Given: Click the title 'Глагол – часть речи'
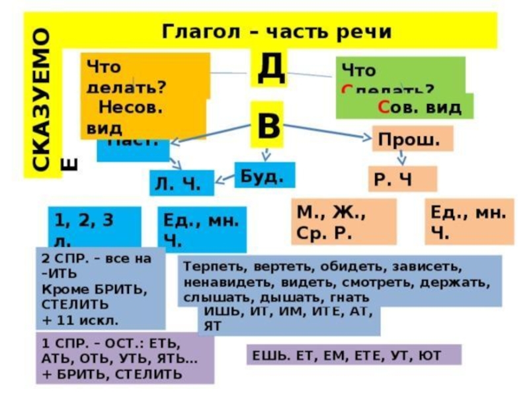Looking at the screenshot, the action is click(277, 31).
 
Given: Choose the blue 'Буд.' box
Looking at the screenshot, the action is click(264, 175).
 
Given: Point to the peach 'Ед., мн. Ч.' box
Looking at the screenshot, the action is click(469, 222).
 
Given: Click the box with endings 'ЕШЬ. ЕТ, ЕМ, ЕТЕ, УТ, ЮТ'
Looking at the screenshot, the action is click(353, 355).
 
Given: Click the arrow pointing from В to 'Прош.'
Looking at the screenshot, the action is click(331, 132).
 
